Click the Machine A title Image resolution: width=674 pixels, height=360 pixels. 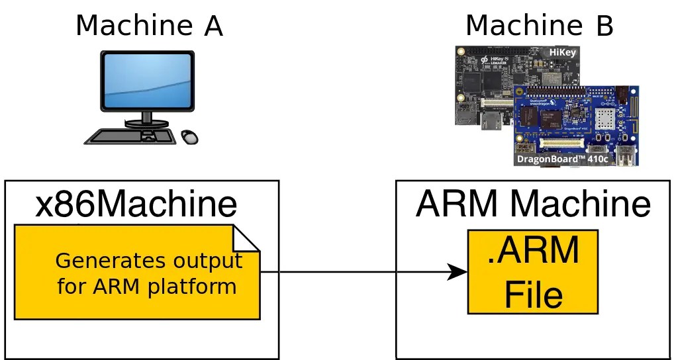(x=149, y=26)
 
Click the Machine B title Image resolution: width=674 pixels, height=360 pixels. (x=540, y=26)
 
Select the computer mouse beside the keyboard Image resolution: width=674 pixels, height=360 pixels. (x=190, y=136)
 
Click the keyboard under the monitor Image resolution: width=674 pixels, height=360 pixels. (x=132, y=136)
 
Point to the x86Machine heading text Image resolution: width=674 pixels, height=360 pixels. (x=136, y=204)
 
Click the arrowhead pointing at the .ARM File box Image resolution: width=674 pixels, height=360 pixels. (x=457, y=271)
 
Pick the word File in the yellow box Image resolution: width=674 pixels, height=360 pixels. (x=534, y=294)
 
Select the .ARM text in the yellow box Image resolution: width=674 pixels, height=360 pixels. (x=534, y=251)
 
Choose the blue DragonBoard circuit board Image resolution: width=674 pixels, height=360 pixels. (x=576, y=119)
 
